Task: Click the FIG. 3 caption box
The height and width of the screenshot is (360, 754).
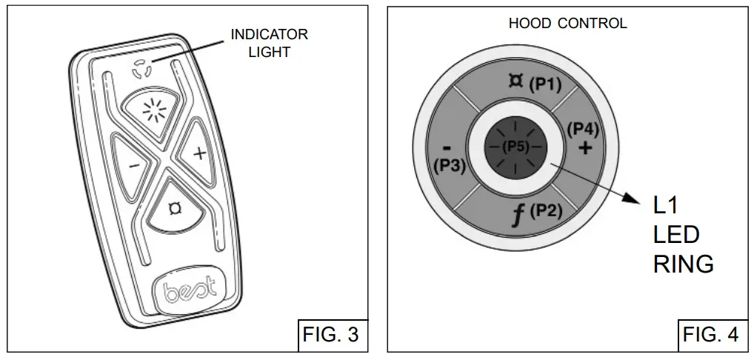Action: tap(330, 334)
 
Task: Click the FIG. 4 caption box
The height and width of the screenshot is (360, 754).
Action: tap(710, 334)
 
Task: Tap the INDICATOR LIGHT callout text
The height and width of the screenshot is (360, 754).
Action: tap(269, 43)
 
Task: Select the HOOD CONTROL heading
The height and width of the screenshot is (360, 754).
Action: tap(567, 23)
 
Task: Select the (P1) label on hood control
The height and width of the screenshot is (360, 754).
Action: tap(546, 84)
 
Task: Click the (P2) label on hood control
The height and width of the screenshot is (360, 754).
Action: tap(547, 210)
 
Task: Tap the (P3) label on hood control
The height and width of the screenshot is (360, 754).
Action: tap(449, 165)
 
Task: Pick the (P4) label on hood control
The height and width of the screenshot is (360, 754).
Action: tap(583, 129)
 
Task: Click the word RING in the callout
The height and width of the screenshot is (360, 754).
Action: tap(683, 264)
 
